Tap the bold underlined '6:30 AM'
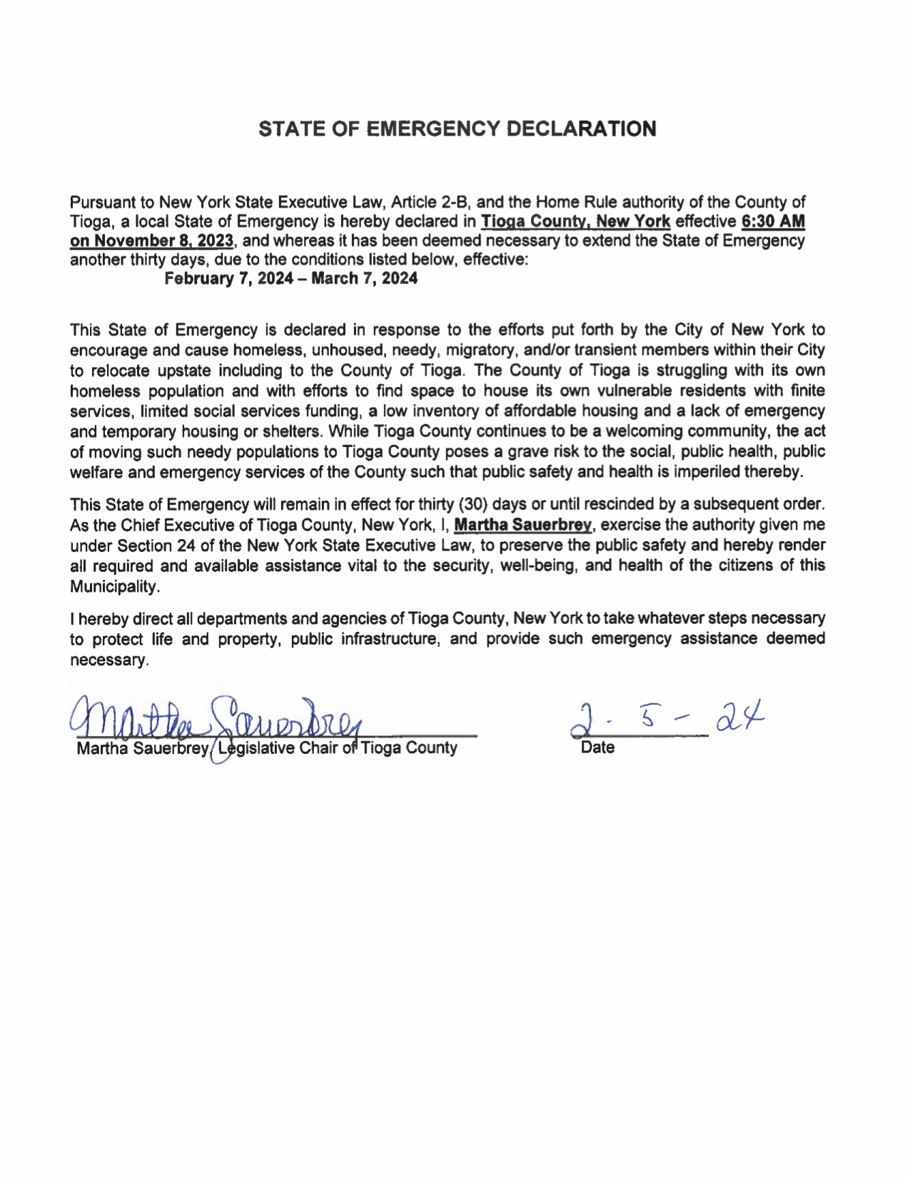(774, 221)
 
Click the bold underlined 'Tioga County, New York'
(575, 221)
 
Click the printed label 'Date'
(597, 748)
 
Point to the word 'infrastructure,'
(393, 639)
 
